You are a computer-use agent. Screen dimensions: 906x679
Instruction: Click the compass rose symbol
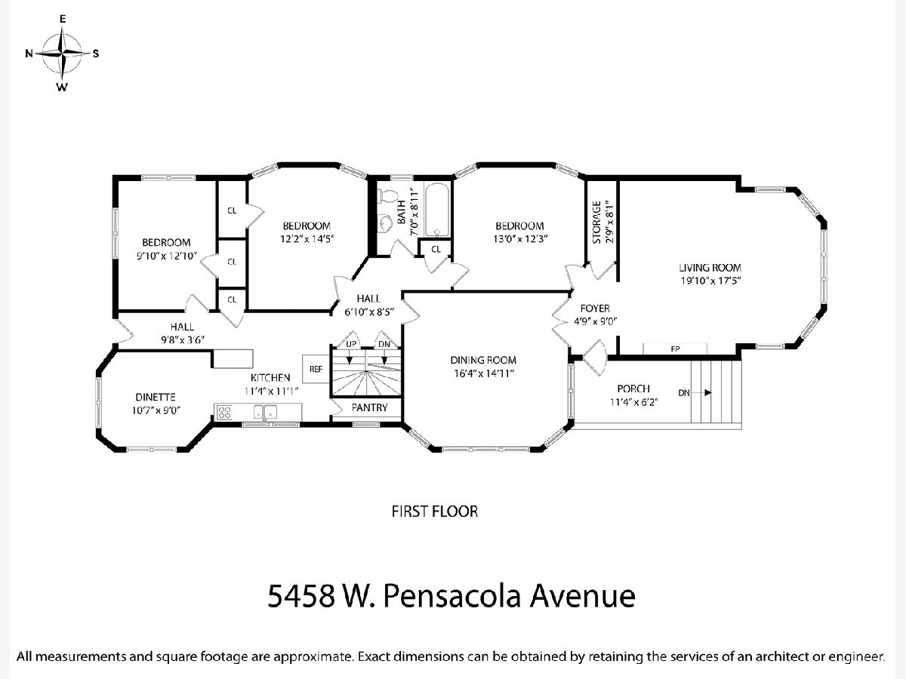click(62, 53)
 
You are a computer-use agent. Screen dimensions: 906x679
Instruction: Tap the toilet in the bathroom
click(387, 196)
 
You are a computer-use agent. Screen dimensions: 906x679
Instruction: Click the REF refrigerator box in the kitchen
click(316, 369)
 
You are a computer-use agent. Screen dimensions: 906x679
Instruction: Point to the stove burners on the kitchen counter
click(224, 412)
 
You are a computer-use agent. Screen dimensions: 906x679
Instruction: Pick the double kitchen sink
click(265, 412)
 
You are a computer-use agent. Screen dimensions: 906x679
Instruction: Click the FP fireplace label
click(675, 349)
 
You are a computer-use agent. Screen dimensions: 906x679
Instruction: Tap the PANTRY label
click(369, 407)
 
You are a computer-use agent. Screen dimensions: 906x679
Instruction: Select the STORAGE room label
click(597, 223)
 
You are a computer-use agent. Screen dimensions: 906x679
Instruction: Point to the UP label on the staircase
click(351, 344)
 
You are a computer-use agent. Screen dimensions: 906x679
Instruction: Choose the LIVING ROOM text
click(710, 268)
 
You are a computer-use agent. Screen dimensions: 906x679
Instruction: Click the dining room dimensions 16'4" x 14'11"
click(484, 373)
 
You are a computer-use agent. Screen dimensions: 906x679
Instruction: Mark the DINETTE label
click(156, 397)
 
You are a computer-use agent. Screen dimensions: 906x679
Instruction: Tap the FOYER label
click(595, 309)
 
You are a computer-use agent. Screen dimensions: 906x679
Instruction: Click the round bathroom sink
click(387, 223)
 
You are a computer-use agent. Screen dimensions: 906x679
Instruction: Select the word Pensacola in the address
click(451, 596)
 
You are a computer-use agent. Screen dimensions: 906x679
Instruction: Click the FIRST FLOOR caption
click(435, 512)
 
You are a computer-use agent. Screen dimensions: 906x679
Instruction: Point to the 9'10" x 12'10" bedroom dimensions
click(167, 256)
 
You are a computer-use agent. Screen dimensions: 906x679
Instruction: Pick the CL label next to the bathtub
click(436, 250)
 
